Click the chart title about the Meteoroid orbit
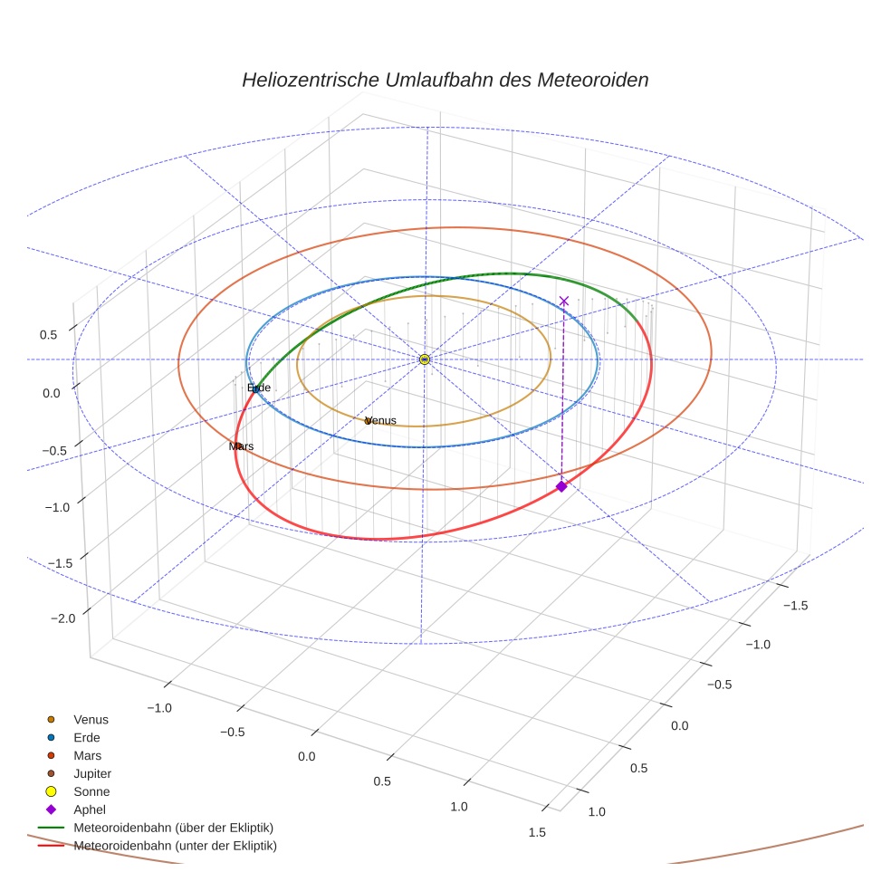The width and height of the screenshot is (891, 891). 445,80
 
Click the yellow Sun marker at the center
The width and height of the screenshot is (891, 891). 425,359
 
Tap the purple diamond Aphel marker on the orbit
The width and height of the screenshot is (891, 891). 561,486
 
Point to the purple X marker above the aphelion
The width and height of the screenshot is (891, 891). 564,301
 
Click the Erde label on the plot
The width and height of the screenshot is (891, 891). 259,388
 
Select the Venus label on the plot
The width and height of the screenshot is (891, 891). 381,421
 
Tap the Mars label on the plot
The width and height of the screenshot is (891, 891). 241,446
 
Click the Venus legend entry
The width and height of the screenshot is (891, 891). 91,720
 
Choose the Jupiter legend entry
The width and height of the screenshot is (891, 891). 92,774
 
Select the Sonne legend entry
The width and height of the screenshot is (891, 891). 91,792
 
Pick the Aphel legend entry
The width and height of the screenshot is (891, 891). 89,810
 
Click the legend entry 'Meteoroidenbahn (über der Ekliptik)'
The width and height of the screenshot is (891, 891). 173,828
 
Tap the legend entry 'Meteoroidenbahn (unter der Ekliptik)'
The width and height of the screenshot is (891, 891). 175,846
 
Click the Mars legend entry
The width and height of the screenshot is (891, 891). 87,756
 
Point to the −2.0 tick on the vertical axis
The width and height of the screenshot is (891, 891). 63,618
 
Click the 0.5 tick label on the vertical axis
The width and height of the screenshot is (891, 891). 48,334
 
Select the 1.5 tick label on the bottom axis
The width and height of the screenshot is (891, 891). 537,833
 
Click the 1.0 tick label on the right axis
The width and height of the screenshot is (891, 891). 597,811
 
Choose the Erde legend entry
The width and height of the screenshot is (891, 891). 87,738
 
